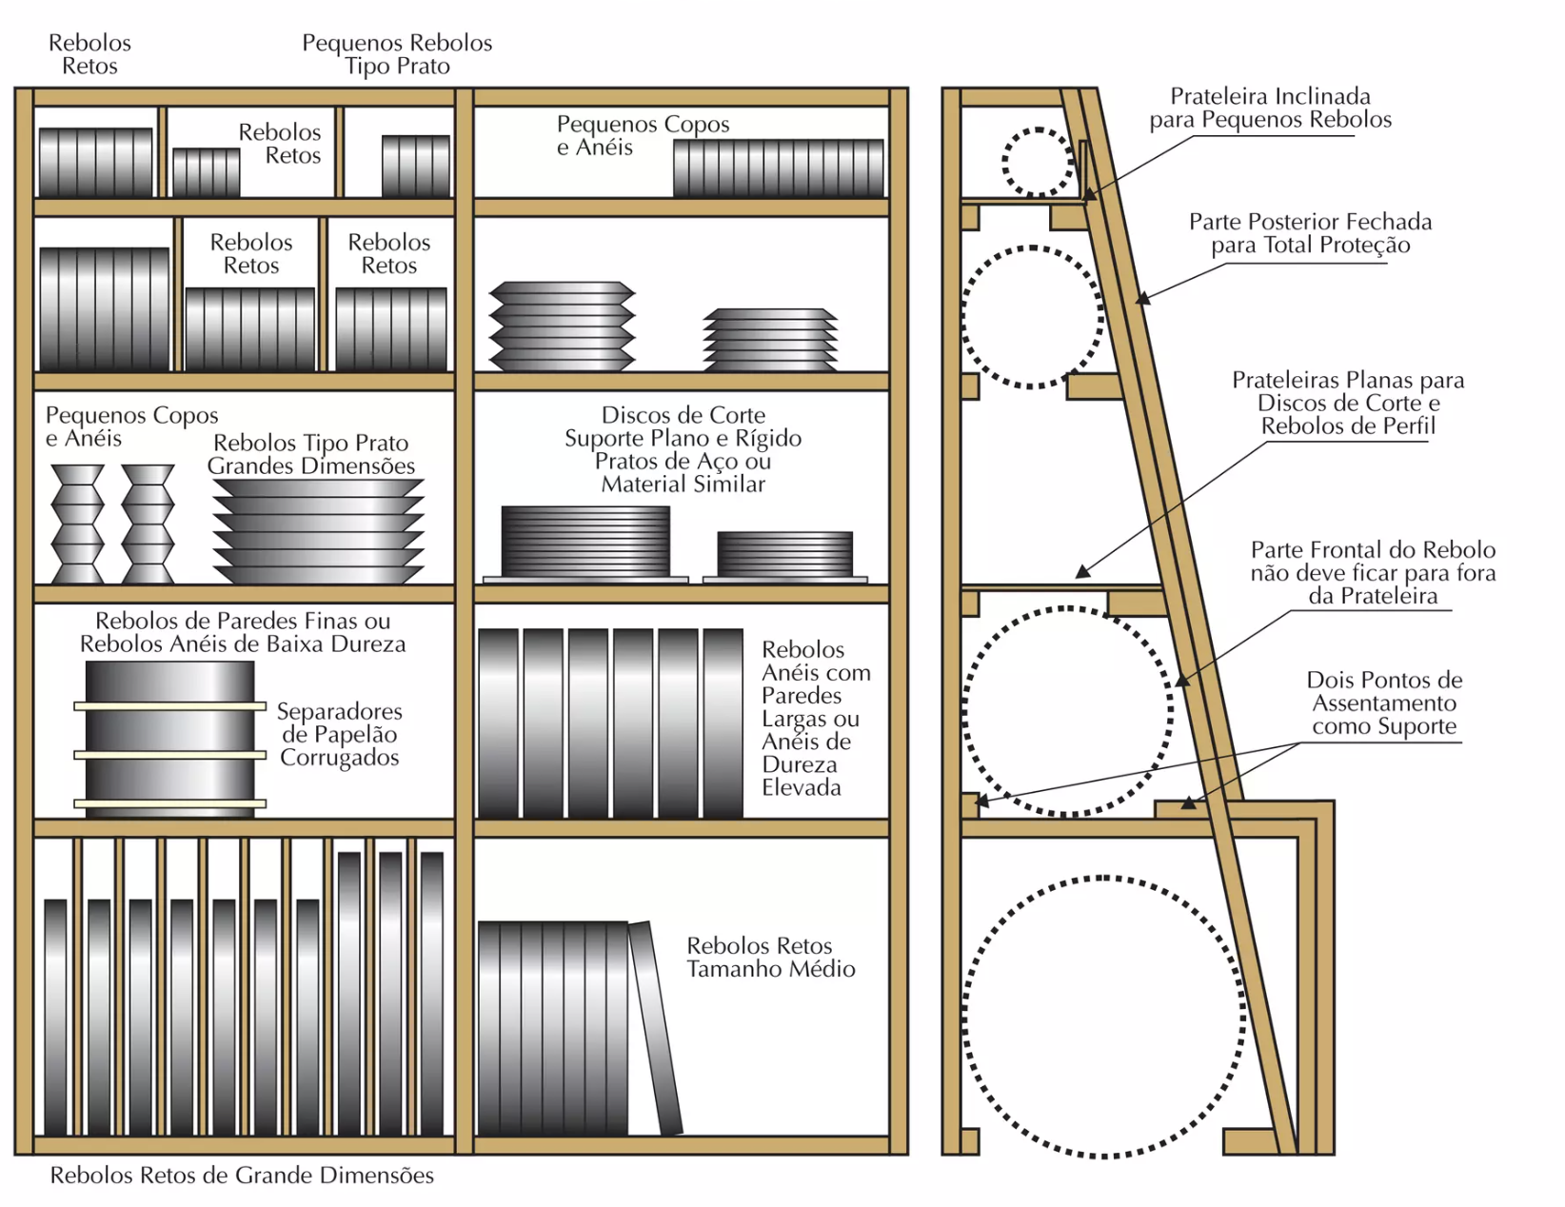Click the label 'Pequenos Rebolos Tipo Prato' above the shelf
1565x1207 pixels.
(397, 54)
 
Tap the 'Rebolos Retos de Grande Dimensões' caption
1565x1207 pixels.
(242, 1176)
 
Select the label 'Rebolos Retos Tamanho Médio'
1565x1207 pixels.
(770, 958)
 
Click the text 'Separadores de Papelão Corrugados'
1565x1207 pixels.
(340, 734)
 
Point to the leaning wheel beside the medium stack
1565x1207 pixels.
(655, 1028)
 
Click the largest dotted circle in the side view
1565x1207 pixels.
(1103, 1017)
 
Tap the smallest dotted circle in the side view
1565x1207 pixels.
(1038, 162)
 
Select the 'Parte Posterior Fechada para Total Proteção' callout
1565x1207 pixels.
(1310, 233)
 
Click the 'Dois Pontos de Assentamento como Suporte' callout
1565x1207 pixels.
(1384, 703)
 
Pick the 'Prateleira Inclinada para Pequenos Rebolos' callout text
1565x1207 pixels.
(1270, 108)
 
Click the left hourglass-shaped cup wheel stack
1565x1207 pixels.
(77, 524)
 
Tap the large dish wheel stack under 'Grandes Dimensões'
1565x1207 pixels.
(317, 530)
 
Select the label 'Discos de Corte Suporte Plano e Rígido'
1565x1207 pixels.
(683, 449)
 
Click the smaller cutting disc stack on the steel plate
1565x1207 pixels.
(784, 553)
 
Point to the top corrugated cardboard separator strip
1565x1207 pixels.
(169, 706)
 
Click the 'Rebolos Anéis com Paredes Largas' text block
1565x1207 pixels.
(816, 719)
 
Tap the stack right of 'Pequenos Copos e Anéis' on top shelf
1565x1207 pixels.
(778, 168)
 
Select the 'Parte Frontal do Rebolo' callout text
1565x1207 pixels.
(1373, 573)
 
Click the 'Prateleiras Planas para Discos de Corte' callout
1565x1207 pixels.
(1348, 403)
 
